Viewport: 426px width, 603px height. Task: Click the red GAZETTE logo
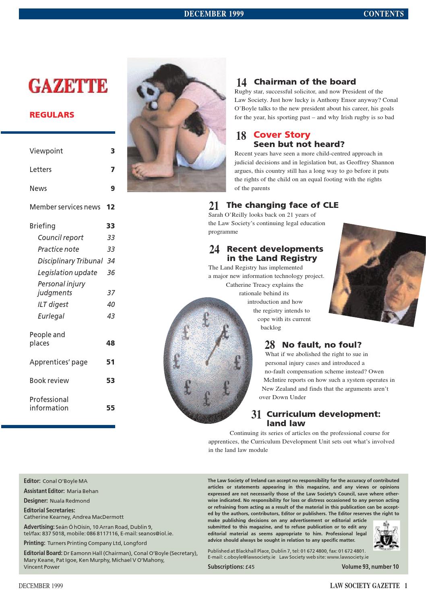pos(68,86)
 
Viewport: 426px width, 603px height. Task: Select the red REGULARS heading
pos(52,115)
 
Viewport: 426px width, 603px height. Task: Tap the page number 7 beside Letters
pos(113,170)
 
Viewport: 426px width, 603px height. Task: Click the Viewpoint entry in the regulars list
pos(46,151)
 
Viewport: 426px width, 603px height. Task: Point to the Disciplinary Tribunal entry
pos(70,261)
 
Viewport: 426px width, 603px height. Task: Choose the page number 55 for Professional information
pos(110,408)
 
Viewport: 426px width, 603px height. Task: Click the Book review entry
pos(49,381)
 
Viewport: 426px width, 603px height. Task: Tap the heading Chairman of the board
pos(304,82)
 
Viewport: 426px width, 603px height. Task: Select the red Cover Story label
pos(282,135)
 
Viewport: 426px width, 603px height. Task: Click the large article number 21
pos(214,206)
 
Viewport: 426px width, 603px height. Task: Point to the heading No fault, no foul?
pos(322,345)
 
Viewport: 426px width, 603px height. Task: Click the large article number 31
pos(256,414)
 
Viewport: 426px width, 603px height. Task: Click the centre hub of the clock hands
pos(207,362)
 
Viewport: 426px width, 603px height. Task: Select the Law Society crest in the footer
pos(386,535)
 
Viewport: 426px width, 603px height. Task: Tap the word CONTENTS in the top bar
pos(383,14)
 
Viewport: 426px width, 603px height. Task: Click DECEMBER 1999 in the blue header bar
pos(214,14)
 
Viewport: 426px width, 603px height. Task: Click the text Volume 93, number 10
pos(370,567)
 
